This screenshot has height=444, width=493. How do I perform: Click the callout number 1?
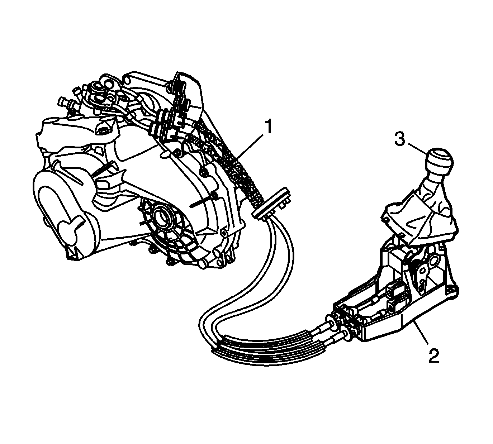tap(269, 126)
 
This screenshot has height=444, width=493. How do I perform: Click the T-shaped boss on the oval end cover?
tap(71, 226)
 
